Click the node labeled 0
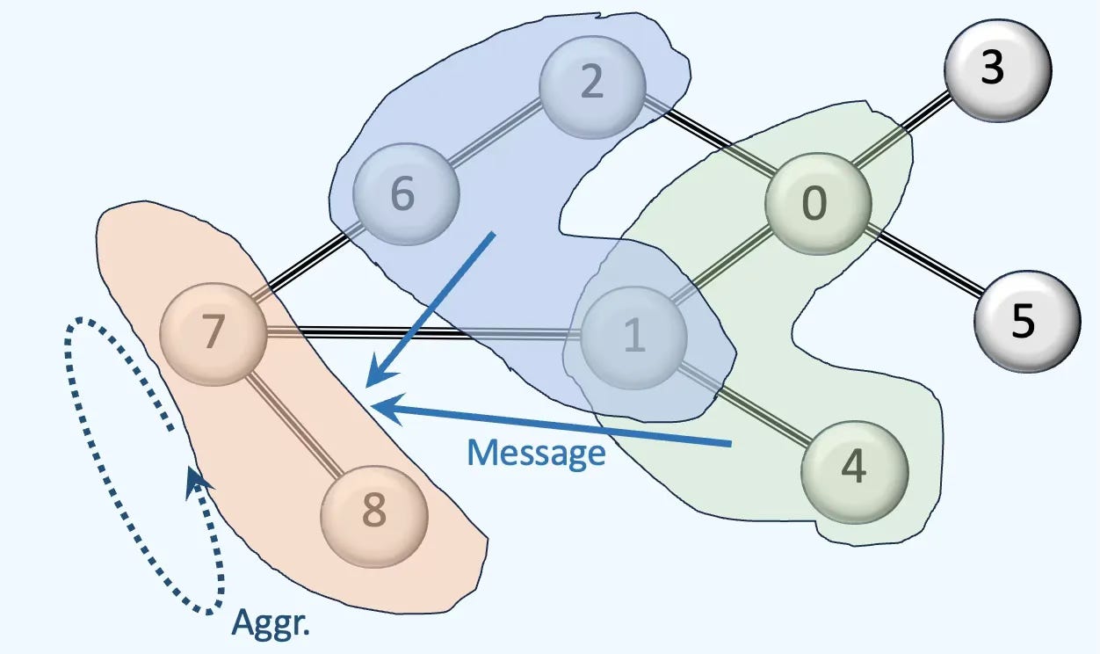tap(818, 206)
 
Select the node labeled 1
tap(633, 338)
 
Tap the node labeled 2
tap(592, 84)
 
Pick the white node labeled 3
tap(997, 69)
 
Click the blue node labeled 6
tap(406, 195)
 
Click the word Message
tap(537, 454)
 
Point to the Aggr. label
tap(272, 623)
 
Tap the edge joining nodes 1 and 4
tap(745, 403)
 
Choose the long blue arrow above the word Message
tap(554, 425)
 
